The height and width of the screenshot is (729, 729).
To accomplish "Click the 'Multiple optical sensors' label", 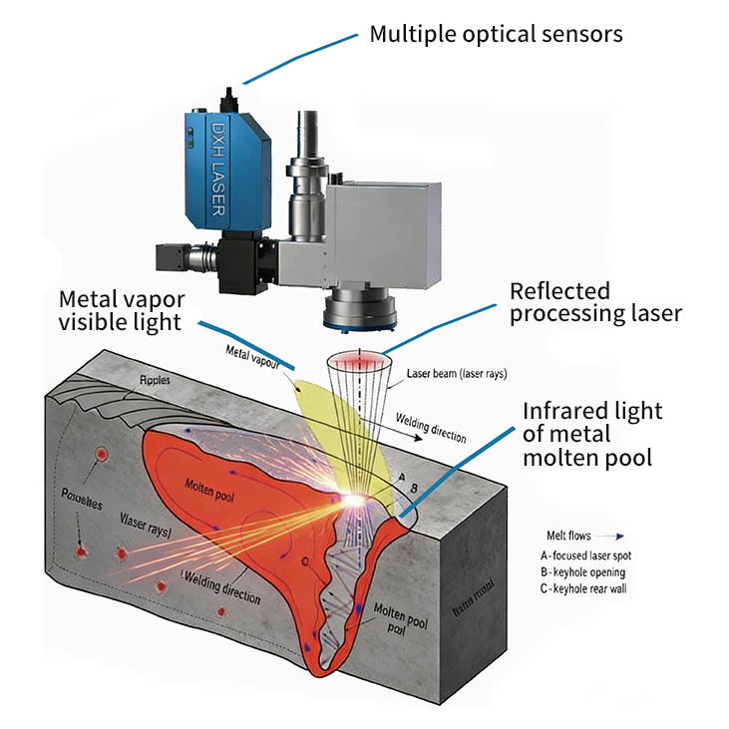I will [x=496, y=34].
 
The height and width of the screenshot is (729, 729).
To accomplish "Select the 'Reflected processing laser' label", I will [x=595, y=302].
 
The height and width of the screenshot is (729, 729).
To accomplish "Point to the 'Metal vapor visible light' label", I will [x=121, y=310].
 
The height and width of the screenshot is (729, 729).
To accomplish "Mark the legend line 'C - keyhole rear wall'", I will [x=595, y=588].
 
